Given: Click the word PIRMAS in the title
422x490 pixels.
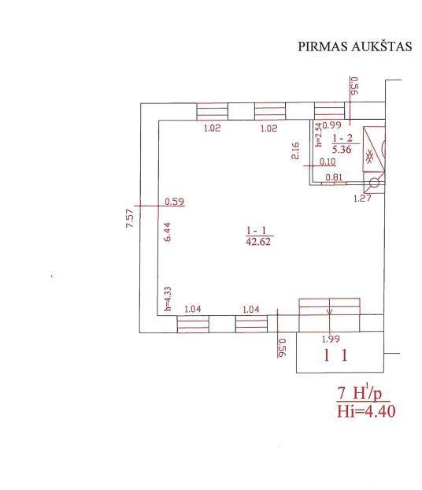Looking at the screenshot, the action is click(x=323, y=46).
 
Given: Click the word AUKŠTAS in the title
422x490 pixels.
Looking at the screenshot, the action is click(x=381, y=46).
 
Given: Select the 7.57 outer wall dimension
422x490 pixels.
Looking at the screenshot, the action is click(x=130, y=218).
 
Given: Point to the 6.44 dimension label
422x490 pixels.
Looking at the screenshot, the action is click(x=167, y=232).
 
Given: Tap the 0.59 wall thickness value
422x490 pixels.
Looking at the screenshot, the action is click(x=174, y=202).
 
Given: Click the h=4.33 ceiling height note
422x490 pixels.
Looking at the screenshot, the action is click(x=168, y=299).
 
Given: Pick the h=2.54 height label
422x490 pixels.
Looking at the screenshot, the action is click(x=318, y=135).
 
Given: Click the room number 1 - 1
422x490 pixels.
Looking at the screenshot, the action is click(x=256, y=231).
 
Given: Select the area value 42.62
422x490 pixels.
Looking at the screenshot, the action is click(x=258, y=242).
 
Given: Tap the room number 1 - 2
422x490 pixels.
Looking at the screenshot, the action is click(x=342, y=138).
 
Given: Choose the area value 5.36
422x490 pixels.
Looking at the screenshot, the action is click(x=342, y=149).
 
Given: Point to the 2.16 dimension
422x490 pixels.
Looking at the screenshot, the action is click(x=295, y=150).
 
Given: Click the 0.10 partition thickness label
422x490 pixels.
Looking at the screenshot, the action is click(x=328, y=161).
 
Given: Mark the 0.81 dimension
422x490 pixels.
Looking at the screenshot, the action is click(x=334, y=177).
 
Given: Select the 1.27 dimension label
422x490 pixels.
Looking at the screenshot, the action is click(x=362, y=198).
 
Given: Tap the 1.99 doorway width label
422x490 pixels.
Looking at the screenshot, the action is click(x=331, y=339).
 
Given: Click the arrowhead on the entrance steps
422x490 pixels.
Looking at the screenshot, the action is click(x=330, y=311).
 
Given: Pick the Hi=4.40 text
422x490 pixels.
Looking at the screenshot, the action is click(x=366, y=411).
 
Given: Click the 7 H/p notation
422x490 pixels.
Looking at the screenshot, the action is click(x=360, y=393).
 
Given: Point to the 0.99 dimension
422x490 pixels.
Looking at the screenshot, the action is click(x=331, y=125).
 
